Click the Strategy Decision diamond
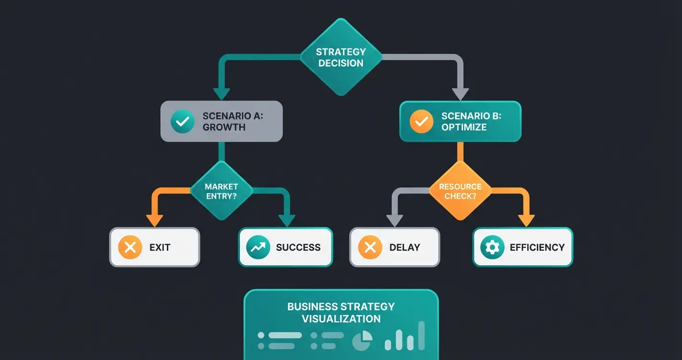(341, 58)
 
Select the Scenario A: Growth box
(221, 121)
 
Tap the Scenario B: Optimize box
(460, 121)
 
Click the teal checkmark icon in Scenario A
(182, 121)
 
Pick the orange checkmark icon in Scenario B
(421, 121)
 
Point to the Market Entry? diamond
(221, 191)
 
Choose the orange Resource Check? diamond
(460, 191)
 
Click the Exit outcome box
(155, 247)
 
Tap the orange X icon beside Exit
(130, 247)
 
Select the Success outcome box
(285, 247)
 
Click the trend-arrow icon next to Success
(259, 247)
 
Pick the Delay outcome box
(394, 247)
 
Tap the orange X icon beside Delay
(370, 247)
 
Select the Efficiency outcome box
(523, 247)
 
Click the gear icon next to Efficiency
(492, 247)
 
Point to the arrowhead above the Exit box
(154, 220)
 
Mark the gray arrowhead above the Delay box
(394, 220)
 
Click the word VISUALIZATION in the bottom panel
(341, 319)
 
